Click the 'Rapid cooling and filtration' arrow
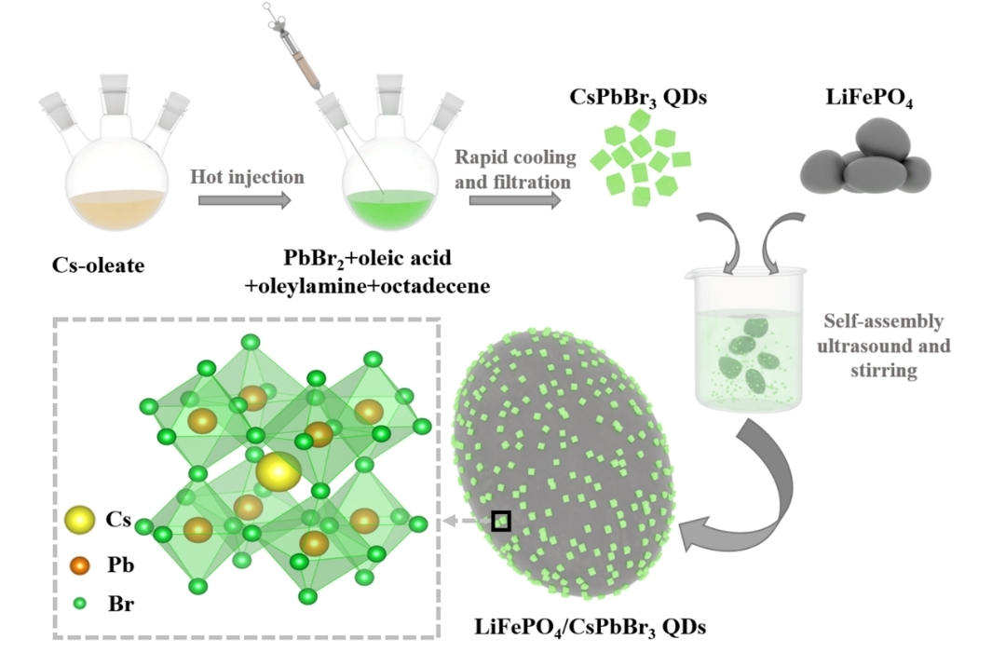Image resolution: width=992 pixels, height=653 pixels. (514, 198)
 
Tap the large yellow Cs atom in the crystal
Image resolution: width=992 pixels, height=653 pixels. (278, 471)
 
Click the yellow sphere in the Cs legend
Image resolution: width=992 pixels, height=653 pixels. (81, 519)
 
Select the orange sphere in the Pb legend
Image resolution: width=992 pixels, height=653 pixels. (81, 565)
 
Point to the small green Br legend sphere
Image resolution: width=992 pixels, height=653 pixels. (81, 604)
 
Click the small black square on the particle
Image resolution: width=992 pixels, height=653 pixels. (501, 521)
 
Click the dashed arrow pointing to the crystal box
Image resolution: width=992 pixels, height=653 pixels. (465, 522)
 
